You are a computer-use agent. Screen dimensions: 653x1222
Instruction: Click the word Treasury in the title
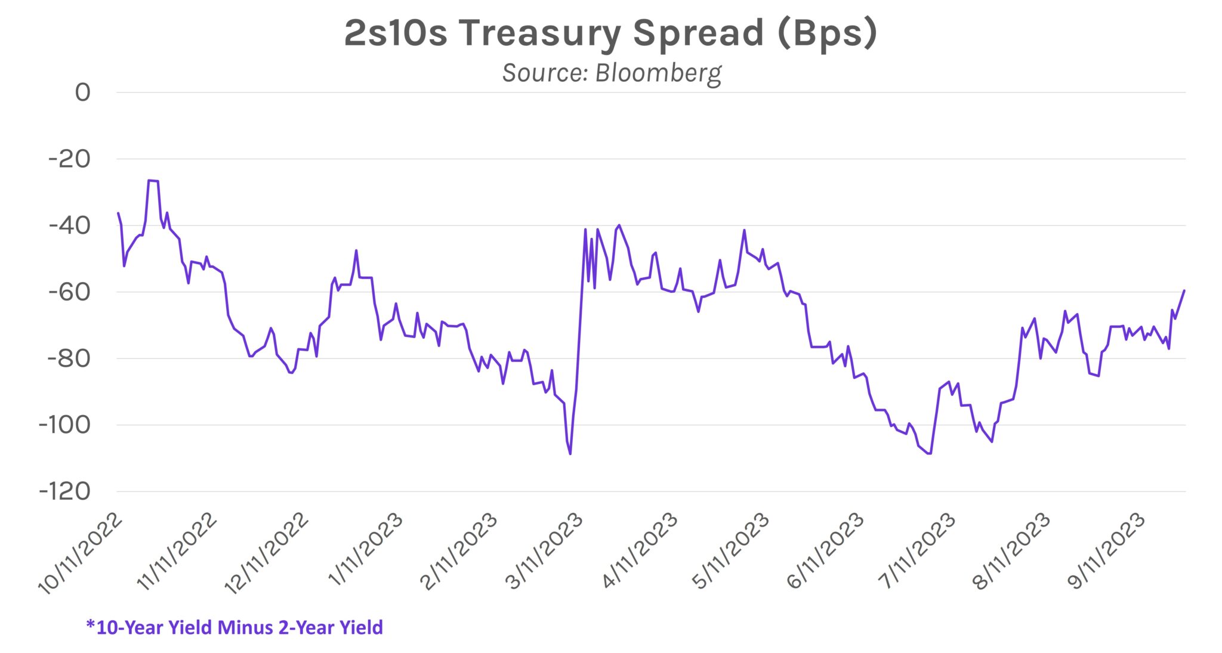539,33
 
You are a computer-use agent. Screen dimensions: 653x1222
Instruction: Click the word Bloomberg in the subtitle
658,73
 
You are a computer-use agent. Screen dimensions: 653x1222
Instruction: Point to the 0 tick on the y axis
82,92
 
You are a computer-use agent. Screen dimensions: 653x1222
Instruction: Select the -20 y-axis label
70,159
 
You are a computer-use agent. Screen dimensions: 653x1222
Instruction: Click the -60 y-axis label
70,292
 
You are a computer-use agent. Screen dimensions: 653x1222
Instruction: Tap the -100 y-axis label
64,425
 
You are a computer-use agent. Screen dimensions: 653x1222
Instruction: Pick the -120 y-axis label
64,492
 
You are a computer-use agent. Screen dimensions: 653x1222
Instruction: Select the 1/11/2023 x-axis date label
366,549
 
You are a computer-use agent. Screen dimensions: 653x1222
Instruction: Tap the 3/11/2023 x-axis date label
545,550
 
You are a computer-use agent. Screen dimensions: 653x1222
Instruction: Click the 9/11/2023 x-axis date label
1107,550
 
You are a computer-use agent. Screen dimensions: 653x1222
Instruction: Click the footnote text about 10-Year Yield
234,627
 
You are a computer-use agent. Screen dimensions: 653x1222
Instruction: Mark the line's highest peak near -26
153,180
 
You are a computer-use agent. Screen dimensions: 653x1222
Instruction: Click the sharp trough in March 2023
570,454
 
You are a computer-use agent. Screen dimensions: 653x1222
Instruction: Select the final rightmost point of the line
1184,290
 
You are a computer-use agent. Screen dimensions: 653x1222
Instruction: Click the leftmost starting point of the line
118,213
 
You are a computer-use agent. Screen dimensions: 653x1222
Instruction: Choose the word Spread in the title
698,33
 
